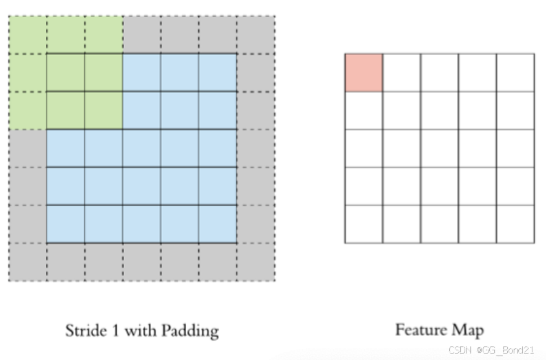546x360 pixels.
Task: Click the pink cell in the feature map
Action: [363, 72]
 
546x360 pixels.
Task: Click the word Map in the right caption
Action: [468, 331]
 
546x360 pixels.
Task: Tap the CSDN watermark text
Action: [459, 350]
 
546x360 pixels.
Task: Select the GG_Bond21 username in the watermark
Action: [507, 350]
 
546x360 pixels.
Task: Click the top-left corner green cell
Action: [28, 35]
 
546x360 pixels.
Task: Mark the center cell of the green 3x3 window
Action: [66, 72]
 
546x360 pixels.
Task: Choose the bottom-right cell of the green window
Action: [103, 111]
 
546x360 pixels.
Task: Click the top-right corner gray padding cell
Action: [255, 35]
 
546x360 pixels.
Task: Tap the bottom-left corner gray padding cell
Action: [28, 262]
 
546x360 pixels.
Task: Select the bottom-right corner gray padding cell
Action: [255, 262]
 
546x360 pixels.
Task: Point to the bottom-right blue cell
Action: [217, 224]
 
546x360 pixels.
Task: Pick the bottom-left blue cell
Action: [66, 224]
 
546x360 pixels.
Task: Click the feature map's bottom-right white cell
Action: [515, 224]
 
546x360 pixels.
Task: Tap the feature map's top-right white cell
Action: [515, 72]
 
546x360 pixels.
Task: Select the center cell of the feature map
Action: [439, 149]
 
